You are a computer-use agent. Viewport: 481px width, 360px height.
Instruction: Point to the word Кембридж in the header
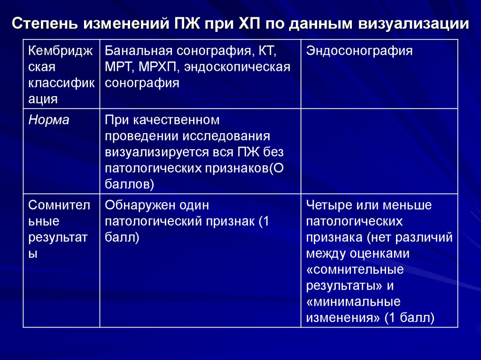(60, 51)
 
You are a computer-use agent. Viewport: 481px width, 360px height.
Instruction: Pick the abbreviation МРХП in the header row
(158, 67)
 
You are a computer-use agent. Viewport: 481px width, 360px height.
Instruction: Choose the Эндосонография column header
(359, 51)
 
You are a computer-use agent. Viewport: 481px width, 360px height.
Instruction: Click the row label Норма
(49, 120)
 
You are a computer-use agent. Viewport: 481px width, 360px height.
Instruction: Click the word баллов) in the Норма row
(130, 184)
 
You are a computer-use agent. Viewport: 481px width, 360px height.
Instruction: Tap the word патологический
(152, 221)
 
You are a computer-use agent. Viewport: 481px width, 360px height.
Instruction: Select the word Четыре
(327, 205)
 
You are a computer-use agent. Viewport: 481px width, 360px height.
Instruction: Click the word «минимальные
(353, 301)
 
